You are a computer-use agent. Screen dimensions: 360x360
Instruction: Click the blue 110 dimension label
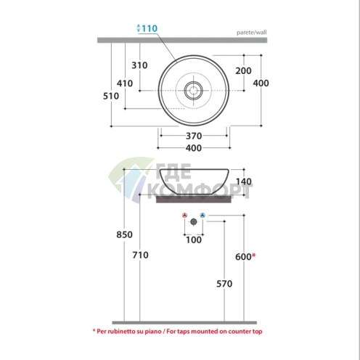point(150,28)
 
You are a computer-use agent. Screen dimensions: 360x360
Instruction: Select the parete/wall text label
point(252,33)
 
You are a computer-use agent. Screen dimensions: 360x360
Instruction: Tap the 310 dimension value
point(139,65)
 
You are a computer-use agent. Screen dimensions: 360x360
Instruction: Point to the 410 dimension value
point(125,83)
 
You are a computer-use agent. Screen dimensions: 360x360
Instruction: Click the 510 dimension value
point(111,96)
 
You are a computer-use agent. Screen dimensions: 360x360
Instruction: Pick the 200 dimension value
point(244,71)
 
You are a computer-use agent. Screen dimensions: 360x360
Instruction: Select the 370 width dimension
point(194,136)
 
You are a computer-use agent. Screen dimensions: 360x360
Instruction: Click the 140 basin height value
point(244,181)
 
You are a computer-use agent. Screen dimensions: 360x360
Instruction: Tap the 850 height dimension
point(124,234)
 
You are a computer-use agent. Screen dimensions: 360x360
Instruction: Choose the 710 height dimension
point(140,255)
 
